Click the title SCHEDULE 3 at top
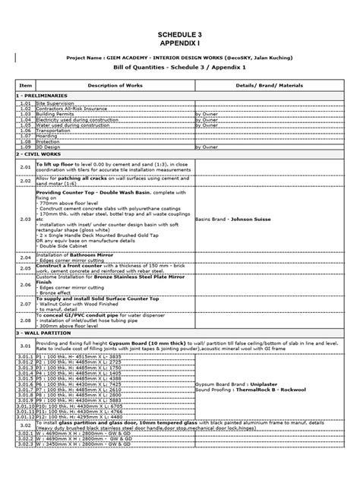(179, 36)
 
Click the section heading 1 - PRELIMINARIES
(43, 96)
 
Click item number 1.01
(25, 103)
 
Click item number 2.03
(25, 219)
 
